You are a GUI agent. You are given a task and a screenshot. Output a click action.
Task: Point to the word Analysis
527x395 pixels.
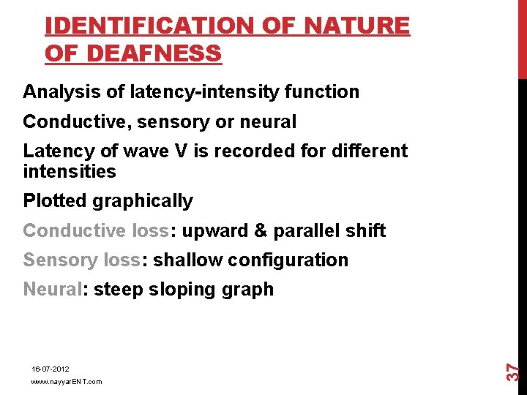coord(58,92)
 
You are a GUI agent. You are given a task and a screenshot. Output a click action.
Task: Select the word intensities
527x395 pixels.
coord(70,172)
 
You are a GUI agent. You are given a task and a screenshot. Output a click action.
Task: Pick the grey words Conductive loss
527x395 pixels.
coord(95,230)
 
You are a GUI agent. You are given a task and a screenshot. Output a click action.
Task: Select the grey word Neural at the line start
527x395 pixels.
coord(53,289)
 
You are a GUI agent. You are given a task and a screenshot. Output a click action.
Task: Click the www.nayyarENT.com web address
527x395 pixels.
coord(67,382)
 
